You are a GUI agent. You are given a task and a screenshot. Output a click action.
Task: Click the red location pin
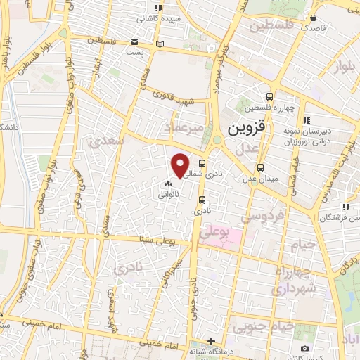click(181, 164)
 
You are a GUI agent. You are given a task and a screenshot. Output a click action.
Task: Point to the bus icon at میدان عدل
click(260, 167)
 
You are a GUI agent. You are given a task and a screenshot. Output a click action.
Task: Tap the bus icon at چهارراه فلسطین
click(269, 97)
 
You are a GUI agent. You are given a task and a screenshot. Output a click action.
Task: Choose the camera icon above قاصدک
click(314, 18)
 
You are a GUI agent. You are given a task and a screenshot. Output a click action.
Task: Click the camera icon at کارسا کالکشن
click(304, 348)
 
